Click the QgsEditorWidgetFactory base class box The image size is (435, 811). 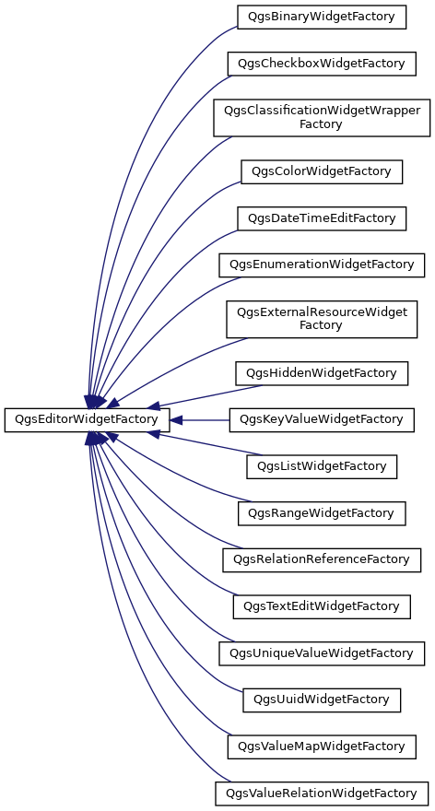[87, 419]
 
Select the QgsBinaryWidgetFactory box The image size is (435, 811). [322, 17]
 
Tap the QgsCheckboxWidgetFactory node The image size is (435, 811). [322, 64]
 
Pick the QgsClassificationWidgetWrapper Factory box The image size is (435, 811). [322, 117]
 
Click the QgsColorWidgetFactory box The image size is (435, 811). [322, 171]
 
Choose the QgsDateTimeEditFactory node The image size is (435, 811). [322, 218]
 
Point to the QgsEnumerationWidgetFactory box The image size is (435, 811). [322, 264]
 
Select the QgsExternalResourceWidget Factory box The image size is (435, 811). [322, 319]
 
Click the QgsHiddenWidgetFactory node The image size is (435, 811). [322, 373]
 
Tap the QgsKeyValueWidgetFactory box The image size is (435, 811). [322, 419]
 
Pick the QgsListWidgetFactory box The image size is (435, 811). [322, 466]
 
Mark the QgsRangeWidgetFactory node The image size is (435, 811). [322, 513]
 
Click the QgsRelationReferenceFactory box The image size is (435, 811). [322, 559]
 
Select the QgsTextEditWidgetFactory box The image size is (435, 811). [322, 606]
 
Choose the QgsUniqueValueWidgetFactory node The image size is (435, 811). [322, 653]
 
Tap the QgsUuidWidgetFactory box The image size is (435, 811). [322, 699]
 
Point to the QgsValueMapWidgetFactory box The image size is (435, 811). [322, 746]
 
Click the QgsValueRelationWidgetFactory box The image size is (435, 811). [322, 793]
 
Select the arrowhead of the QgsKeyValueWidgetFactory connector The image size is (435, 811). [176, 420]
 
